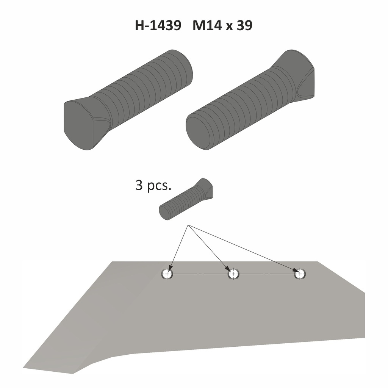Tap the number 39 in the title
point(244,26)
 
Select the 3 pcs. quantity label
point(153,186)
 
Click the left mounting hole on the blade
point(167,274)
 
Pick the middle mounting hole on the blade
point(233,274)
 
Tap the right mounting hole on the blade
point(300,274)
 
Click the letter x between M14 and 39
point(227,27)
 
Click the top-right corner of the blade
point(317,262)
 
